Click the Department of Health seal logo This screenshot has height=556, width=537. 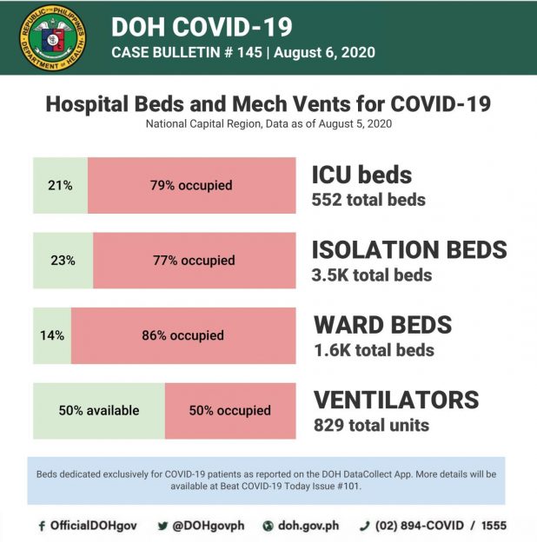pyautogui.click(x=53, y=36)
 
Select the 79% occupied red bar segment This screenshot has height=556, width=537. pyautogui.click(x=191, y=185)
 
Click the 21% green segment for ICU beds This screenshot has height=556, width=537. pyautogui.click(x=60, y=185)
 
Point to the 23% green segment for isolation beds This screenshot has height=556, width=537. pyautogui.click(x=63, y=260)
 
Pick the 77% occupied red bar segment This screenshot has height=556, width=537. pyautogui.click(x=195, y=260)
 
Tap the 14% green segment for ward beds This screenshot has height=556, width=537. pyautogui.click(x=52, y=335)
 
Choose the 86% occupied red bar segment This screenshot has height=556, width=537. pyautogui.click(x=182, y=335)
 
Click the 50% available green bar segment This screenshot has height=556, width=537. pyautogui.click(x=98, y=410)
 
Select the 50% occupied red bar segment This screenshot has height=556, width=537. pyautogui.click(x=230, y=410)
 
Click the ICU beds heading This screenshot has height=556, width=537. pyautogui.click(x=361, y=174)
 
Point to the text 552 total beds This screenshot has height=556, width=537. pyautogui.click(x=368, y=200)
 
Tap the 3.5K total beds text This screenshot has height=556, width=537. pyautogui.click(x=372, y=275)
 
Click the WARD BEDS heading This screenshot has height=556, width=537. pyautogui.click(x=382, y=325)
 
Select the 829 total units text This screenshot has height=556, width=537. pyautogui.click(x=371, y=426)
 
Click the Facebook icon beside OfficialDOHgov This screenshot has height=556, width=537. pyautogui.click(x=42, y=526)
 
